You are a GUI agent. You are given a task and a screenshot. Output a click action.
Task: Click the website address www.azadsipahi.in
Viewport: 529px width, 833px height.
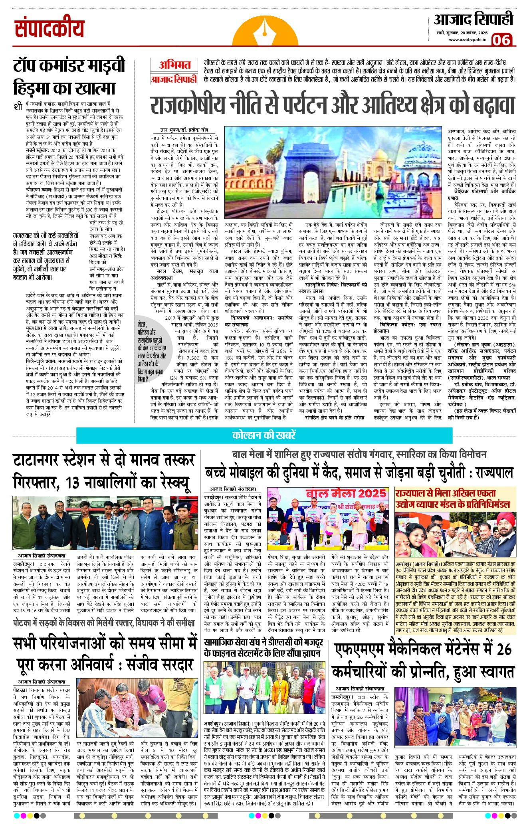pyautogui.click(x=467, y=39)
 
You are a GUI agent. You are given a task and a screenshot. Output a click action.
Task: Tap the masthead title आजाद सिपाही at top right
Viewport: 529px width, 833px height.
pyautogui.click(x=473, y=20)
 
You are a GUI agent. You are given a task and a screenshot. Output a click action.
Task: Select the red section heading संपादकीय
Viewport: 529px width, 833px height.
pyautogui.click(x=50, y=28)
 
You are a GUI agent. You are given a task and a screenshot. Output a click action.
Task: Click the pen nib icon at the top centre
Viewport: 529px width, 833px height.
pyautogui.click(x=265, y=30)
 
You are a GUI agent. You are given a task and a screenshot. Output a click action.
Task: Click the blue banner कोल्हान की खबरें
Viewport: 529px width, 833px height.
pyautogui.click(x=264, y=435)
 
